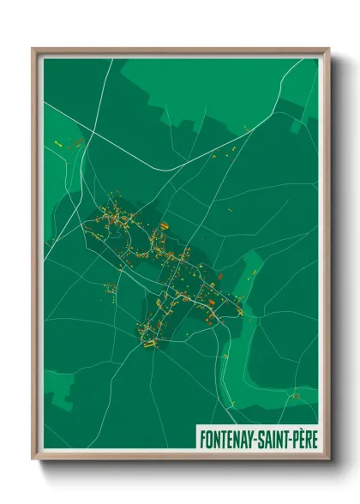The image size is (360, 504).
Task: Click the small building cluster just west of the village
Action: coord(109,288)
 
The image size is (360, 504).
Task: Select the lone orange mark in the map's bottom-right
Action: coord(295,395)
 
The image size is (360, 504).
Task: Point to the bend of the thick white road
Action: coord(177,168)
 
